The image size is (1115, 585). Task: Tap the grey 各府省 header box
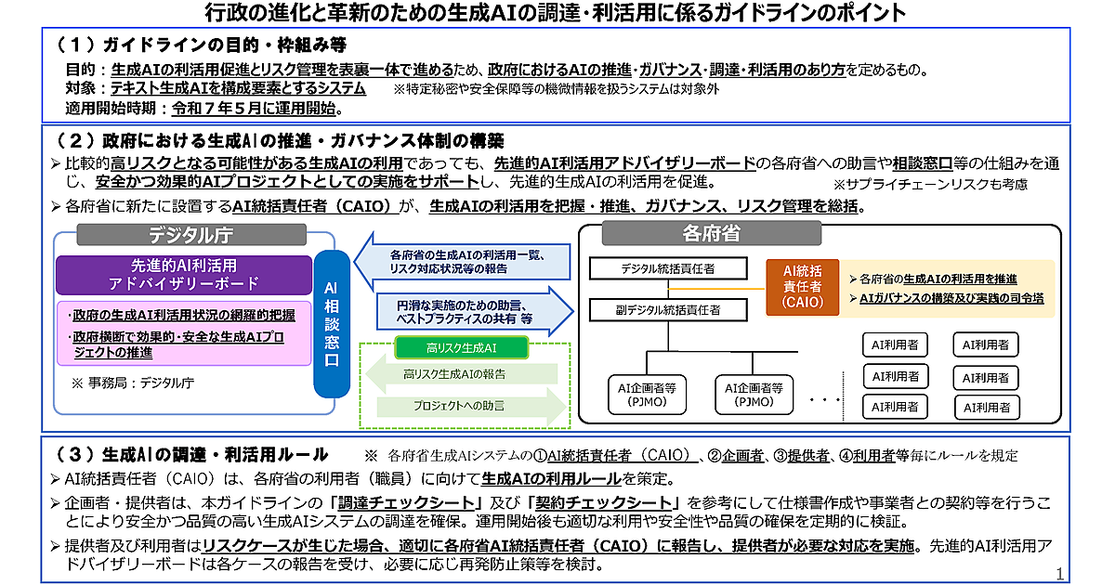pos(711,232)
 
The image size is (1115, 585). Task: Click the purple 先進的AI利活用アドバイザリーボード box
pos(184,275)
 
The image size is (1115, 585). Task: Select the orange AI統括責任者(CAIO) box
pos(802,286)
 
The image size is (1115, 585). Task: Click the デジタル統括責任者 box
pos(667,269)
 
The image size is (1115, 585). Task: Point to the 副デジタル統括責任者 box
pos(667,309)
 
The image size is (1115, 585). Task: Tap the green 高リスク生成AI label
pos(463,348)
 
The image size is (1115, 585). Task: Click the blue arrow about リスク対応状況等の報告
pos(463,262)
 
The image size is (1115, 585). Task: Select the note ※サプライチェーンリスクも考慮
pos(930,184)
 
